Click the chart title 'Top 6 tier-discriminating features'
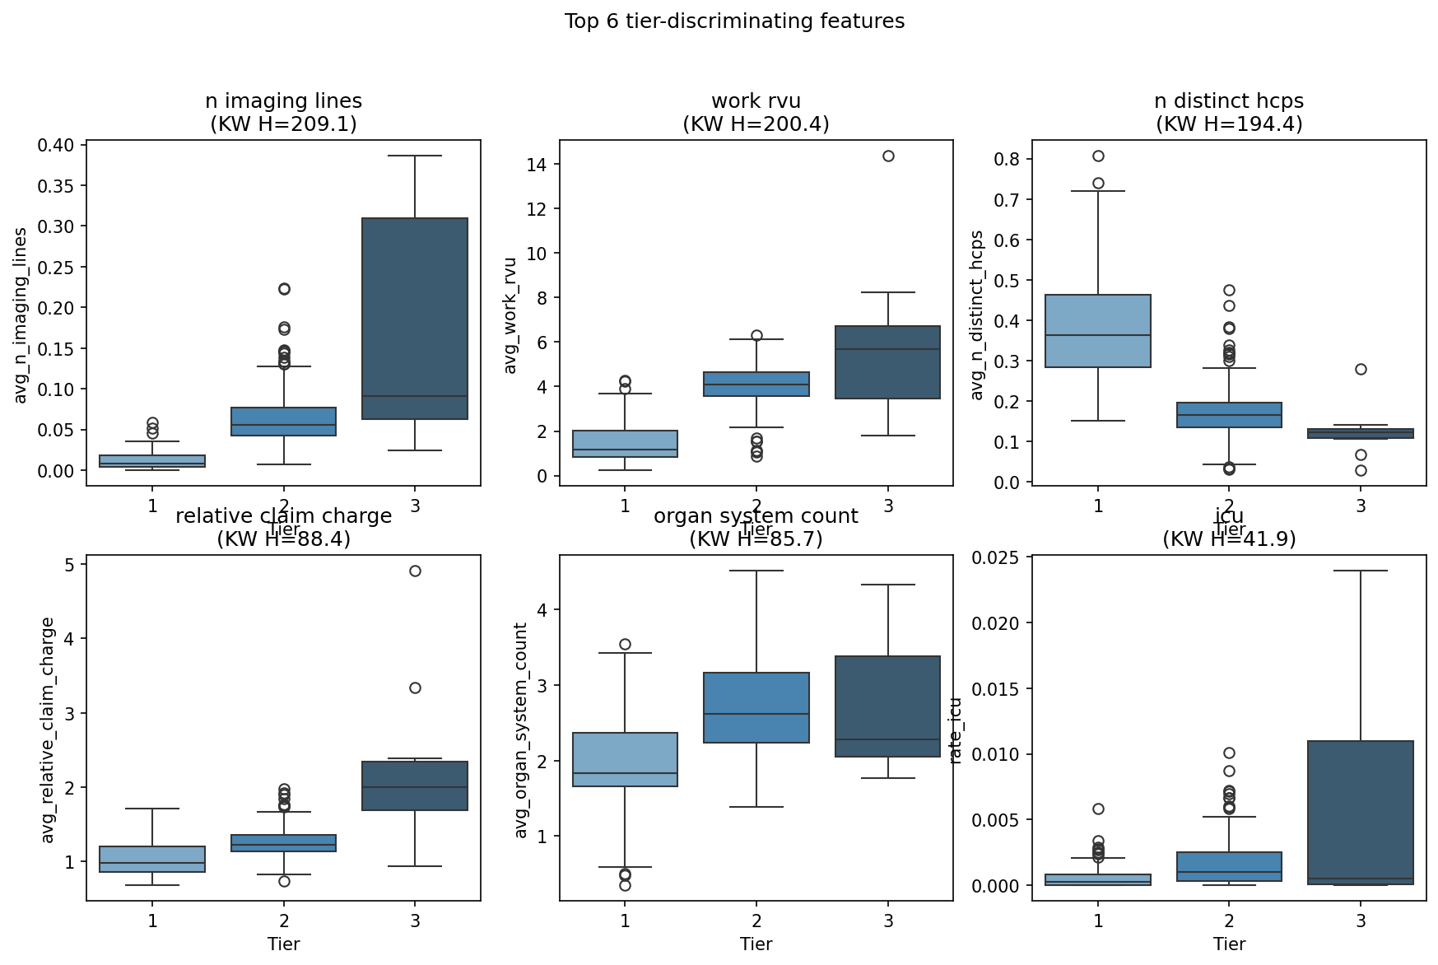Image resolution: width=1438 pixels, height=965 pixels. (734, 21)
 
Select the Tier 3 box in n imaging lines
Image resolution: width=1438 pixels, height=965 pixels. (415, 319)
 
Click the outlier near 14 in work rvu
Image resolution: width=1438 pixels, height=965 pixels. (888, 156)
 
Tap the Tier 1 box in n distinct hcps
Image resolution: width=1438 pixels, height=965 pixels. (1098, 331)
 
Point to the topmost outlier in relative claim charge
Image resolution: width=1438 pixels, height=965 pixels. (415, 571)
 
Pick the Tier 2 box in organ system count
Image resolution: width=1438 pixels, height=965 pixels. (756, 707)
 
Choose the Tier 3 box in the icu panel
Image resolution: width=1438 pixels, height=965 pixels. (1361, 813)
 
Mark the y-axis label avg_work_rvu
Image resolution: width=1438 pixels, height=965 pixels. (510, 315)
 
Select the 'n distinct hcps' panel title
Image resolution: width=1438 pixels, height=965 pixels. (1229, 101)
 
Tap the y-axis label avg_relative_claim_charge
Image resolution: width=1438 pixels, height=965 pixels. (49, 730)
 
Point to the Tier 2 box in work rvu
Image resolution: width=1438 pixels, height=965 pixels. (756, 384)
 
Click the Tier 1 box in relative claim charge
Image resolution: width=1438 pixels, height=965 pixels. (152, 859)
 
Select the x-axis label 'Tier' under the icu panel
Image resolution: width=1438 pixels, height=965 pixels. (1229, 944)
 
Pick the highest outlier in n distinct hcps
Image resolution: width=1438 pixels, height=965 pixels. (1098, 156)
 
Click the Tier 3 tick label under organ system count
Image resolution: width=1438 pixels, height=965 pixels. (888, 921)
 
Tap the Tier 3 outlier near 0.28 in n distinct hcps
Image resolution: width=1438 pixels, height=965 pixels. (1361, 369)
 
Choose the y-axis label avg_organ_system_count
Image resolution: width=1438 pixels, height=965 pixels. (521, 730)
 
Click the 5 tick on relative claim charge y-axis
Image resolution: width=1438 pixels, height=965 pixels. (71, 565)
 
